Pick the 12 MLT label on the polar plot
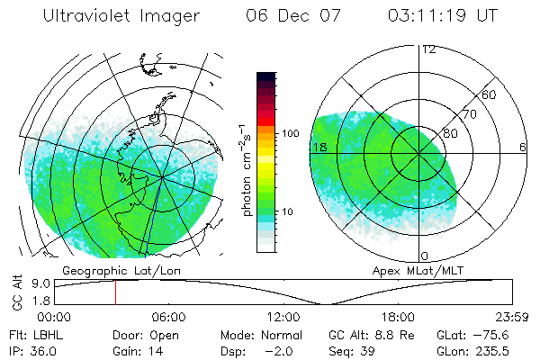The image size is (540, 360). tap(428, 49)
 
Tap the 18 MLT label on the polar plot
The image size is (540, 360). tap(319, 147)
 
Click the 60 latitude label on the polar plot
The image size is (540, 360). tap(490, 94)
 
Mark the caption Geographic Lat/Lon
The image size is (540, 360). tap(107, 270)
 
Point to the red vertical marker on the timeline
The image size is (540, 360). tap(115, 292)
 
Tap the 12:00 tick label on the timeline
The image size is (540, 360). tap(283, 317)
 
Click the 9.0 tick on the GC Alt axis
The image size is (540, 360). tap(38, 283)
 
